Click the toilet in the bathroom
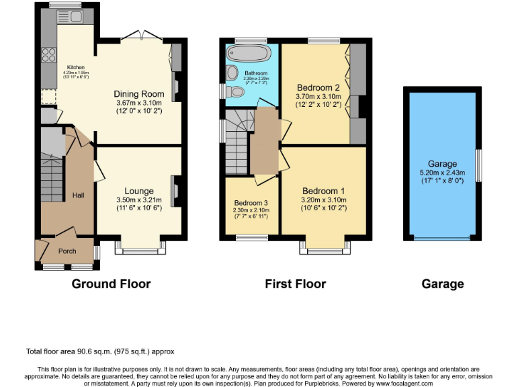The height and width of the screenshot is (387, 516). point(232,91)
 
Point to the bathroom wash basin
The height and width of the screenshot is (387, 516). point(232,73)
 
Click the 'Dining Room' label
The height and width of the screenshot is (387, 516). point(138,94)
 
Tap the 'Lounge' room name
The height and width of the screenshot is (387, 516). point(139,191)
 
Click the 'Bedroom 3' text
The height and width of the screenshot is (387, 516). point(251,203)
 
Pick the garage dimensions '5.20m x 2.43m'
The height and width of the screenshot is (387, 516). point(442,172)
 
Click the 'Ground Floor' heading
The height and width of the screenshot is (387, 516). point(111,284)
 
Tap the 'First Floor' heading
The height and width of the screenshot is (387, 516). point(295,284)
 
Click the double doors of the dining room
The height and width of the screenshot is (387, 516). point(144,35)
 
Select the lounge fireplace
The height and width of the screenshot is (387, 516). point(175,190)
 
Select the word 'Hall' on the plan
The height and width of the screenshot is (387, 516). point(78,195)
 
